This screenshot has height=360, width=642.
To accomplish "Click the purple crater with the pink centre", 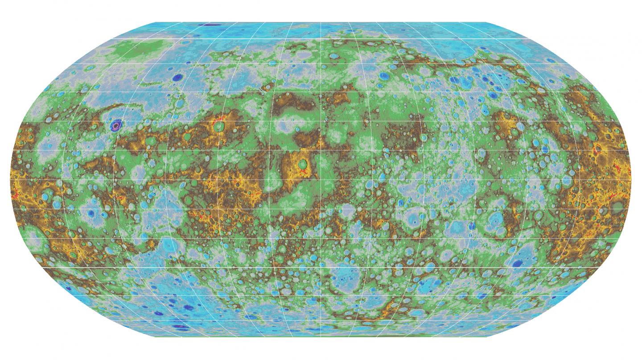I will (x=117, y=125).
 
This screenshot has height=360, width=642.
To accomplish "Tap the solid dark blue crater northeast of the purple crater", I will (x=178, y=78).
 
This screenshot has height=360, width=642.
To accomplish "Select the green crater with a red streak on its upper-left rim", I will (x=219, y=126).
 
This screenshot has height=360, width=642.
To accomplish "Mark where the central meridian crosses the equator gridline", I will (x=321, y=179).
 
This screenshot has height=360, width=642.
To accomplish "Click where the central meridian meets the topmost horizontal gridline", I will (x=321, y=39).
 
